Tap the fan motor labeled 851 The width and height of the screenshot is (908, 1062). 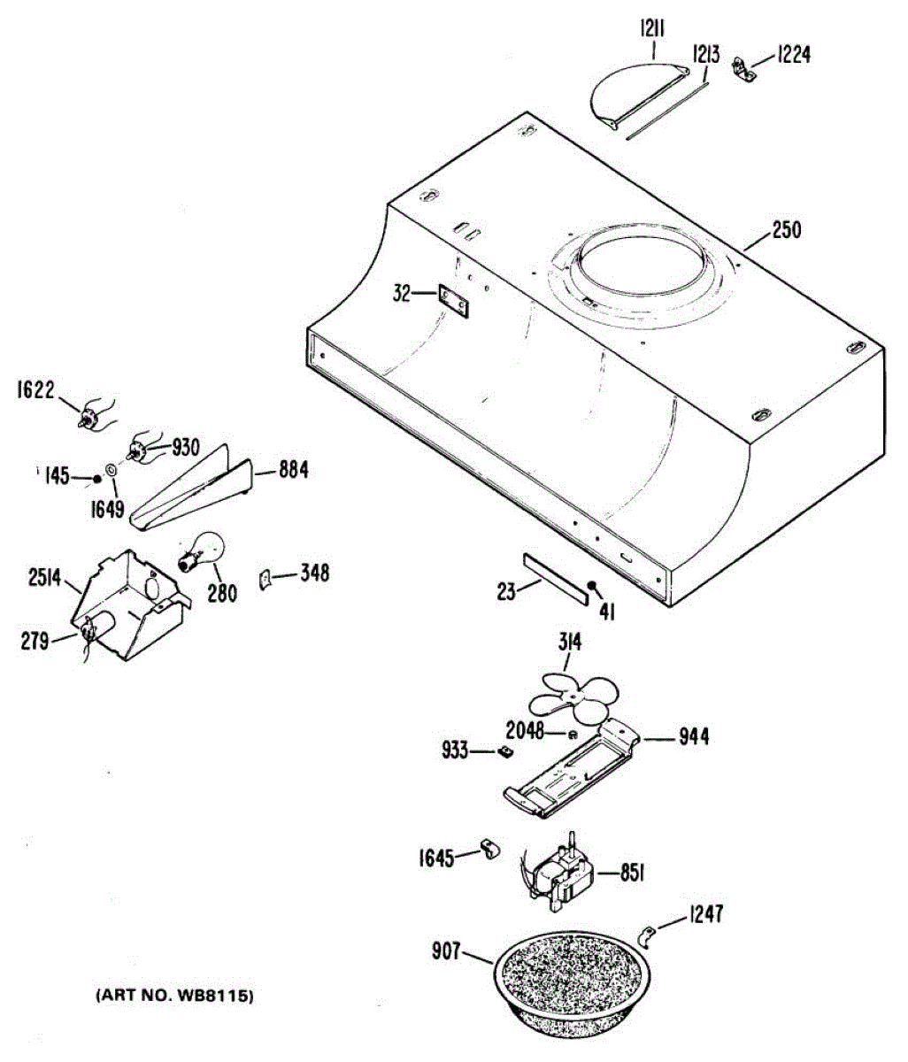557,874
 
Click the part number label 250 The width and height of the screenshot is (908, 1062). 786,231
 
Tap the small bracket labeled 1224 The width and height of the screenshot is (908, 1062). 745,68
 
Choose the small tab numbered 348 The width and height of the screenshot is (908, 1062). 265,579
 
